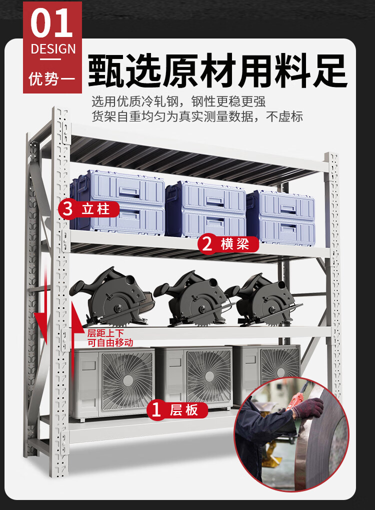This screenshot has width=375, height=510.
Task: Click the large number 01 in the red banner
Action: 51,23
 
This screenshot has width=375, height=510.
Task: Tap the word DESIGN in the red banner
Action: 53,49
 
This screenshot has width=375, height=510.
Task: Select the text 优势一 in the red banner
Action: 52,78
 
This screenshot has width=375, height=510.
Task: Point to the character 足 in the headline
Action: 329,70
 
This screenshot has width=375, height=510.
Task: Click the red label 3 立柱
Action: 88,208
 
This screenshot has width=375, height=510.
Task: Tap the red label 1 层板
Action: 177,410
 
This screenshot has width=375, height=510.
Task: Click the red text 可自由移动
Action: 110,343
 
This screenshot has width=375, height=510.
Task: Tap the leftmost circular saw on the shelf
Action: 112,296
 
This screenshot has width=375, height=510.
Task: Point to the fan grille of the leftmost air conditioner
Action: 127,380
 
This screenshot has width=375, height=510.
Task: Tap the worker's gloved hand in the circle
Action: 307,407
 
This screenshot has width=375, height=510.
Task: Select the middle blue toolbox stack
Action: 205,209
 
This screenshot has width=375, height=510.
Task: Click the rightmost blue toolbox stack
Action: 280,217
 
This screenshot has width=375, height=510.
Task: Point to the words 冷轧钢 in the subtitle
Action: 160,101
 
